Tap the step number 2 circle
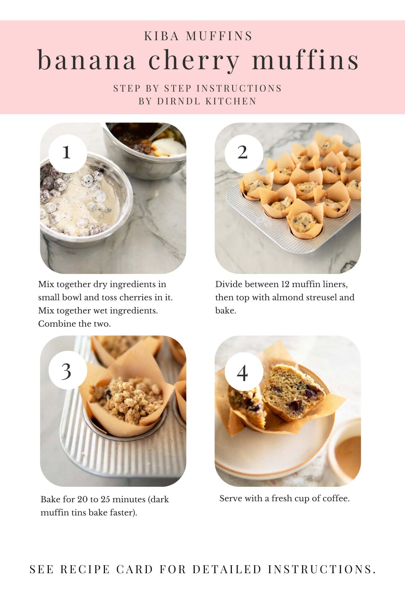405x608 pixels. [x=243, y=152]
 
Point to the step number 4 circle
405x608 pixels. [x=243, y=373]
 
